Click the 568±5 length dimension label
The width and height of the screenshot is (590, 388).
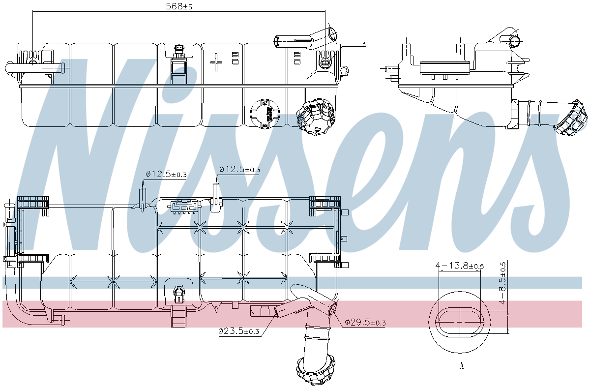(179, 6)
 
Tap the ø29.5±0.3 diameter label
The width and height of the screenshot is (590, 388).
(365, 322)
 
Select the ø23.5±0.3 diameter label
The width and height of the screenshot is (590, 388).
(239, 331)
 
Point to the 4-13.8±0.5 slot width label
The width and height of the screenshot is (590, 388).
(460, 266)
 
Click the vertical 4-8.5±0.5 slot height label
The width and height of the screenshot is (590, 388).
(502, 283)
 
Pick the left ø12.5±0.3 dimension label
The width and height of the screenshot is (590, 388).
(166, 174)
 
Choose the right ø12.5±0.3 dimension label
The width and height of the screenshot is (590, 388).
(239, 169)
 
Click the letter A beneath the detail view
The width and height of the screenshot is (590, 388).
(461, 365)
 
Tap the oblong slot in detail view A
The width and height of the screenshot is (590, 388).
(460, 322)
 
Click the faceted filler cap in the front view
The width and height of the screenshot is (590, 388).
(315, 117)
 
